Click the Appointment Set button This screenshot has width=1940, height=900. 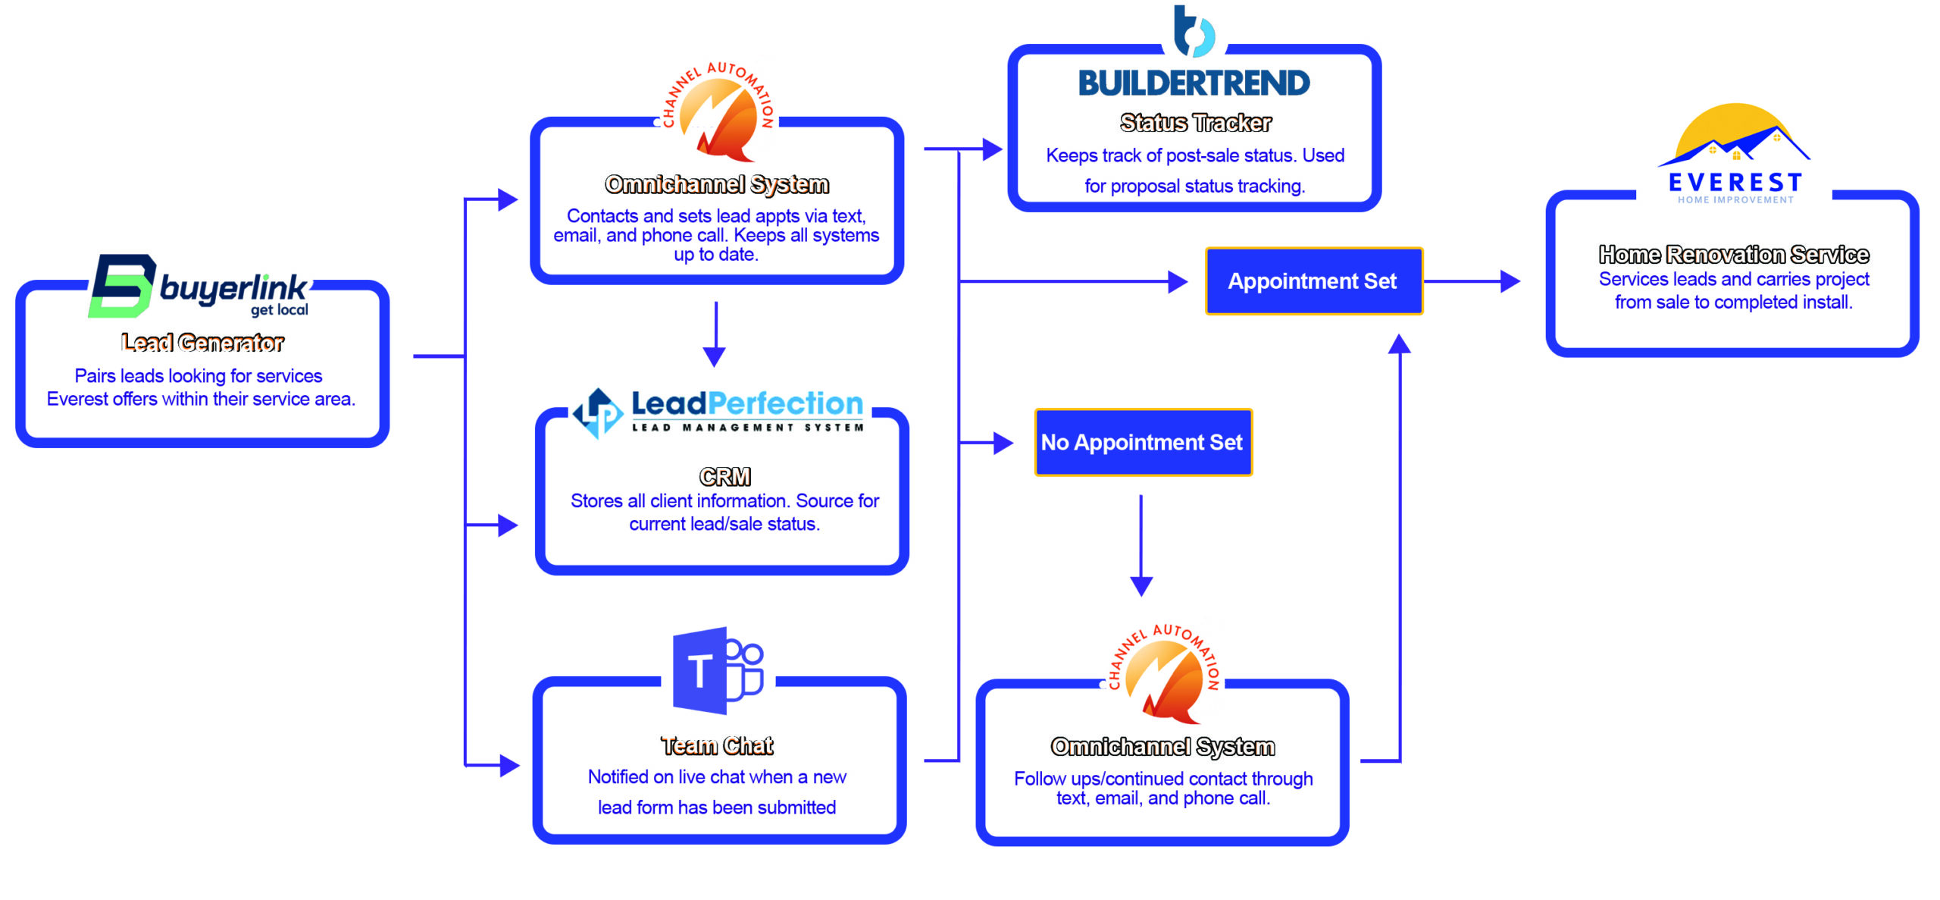click(1313, 281)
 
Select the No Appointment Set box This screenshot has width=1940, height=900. click(1143, 443)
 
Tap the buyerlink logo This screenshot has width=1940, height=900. click(199, 287)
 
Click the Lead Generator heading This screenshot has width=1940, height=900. click(202, 343)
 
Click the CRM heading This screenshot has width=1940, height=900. click(724, 476)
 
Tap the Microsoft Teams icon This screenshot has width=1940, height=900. click(718, 670)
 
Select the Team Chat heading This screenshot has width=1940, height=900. click(717, 746)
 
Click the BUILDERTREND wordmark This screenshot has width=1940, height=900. click(1194, 83)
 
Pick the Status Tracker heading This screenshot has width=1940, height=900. click(1195, 123)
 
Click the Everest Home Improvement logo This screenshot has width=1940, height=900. click(1735, 155)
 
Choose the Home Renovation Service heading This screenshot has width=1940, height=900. click(1734, 255)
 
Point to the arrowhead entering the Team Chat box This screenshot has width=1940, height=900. click(509, 766)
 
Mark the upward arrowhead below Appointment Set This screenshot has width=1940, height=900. click(1399, 345)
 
